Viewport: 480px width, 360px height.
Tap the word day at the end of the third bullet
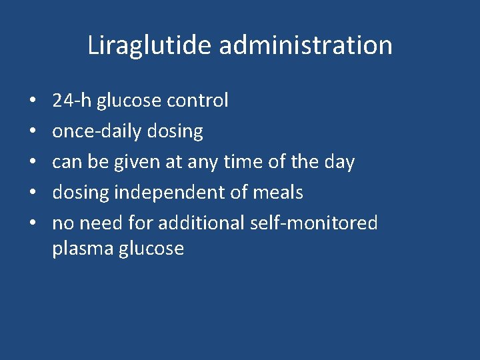point(339,162)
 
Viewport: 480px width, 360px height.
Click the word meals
point(279,193)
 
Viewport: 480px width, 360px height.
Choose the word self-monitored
point(314,223)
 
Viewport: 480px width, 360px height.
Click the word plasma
point(82,249)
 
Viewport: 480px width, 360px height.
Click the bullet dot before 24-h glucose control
point(33,101)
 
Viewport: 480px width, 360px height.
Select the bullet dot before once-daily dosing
point(33,132)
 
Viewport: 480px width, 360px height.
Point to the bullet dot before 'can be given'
point(33,163)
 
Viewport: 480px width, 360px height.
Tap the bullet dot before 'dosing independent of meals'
point(33,193)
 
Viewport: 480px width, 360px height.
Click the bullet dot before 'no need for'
point(33,223)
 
